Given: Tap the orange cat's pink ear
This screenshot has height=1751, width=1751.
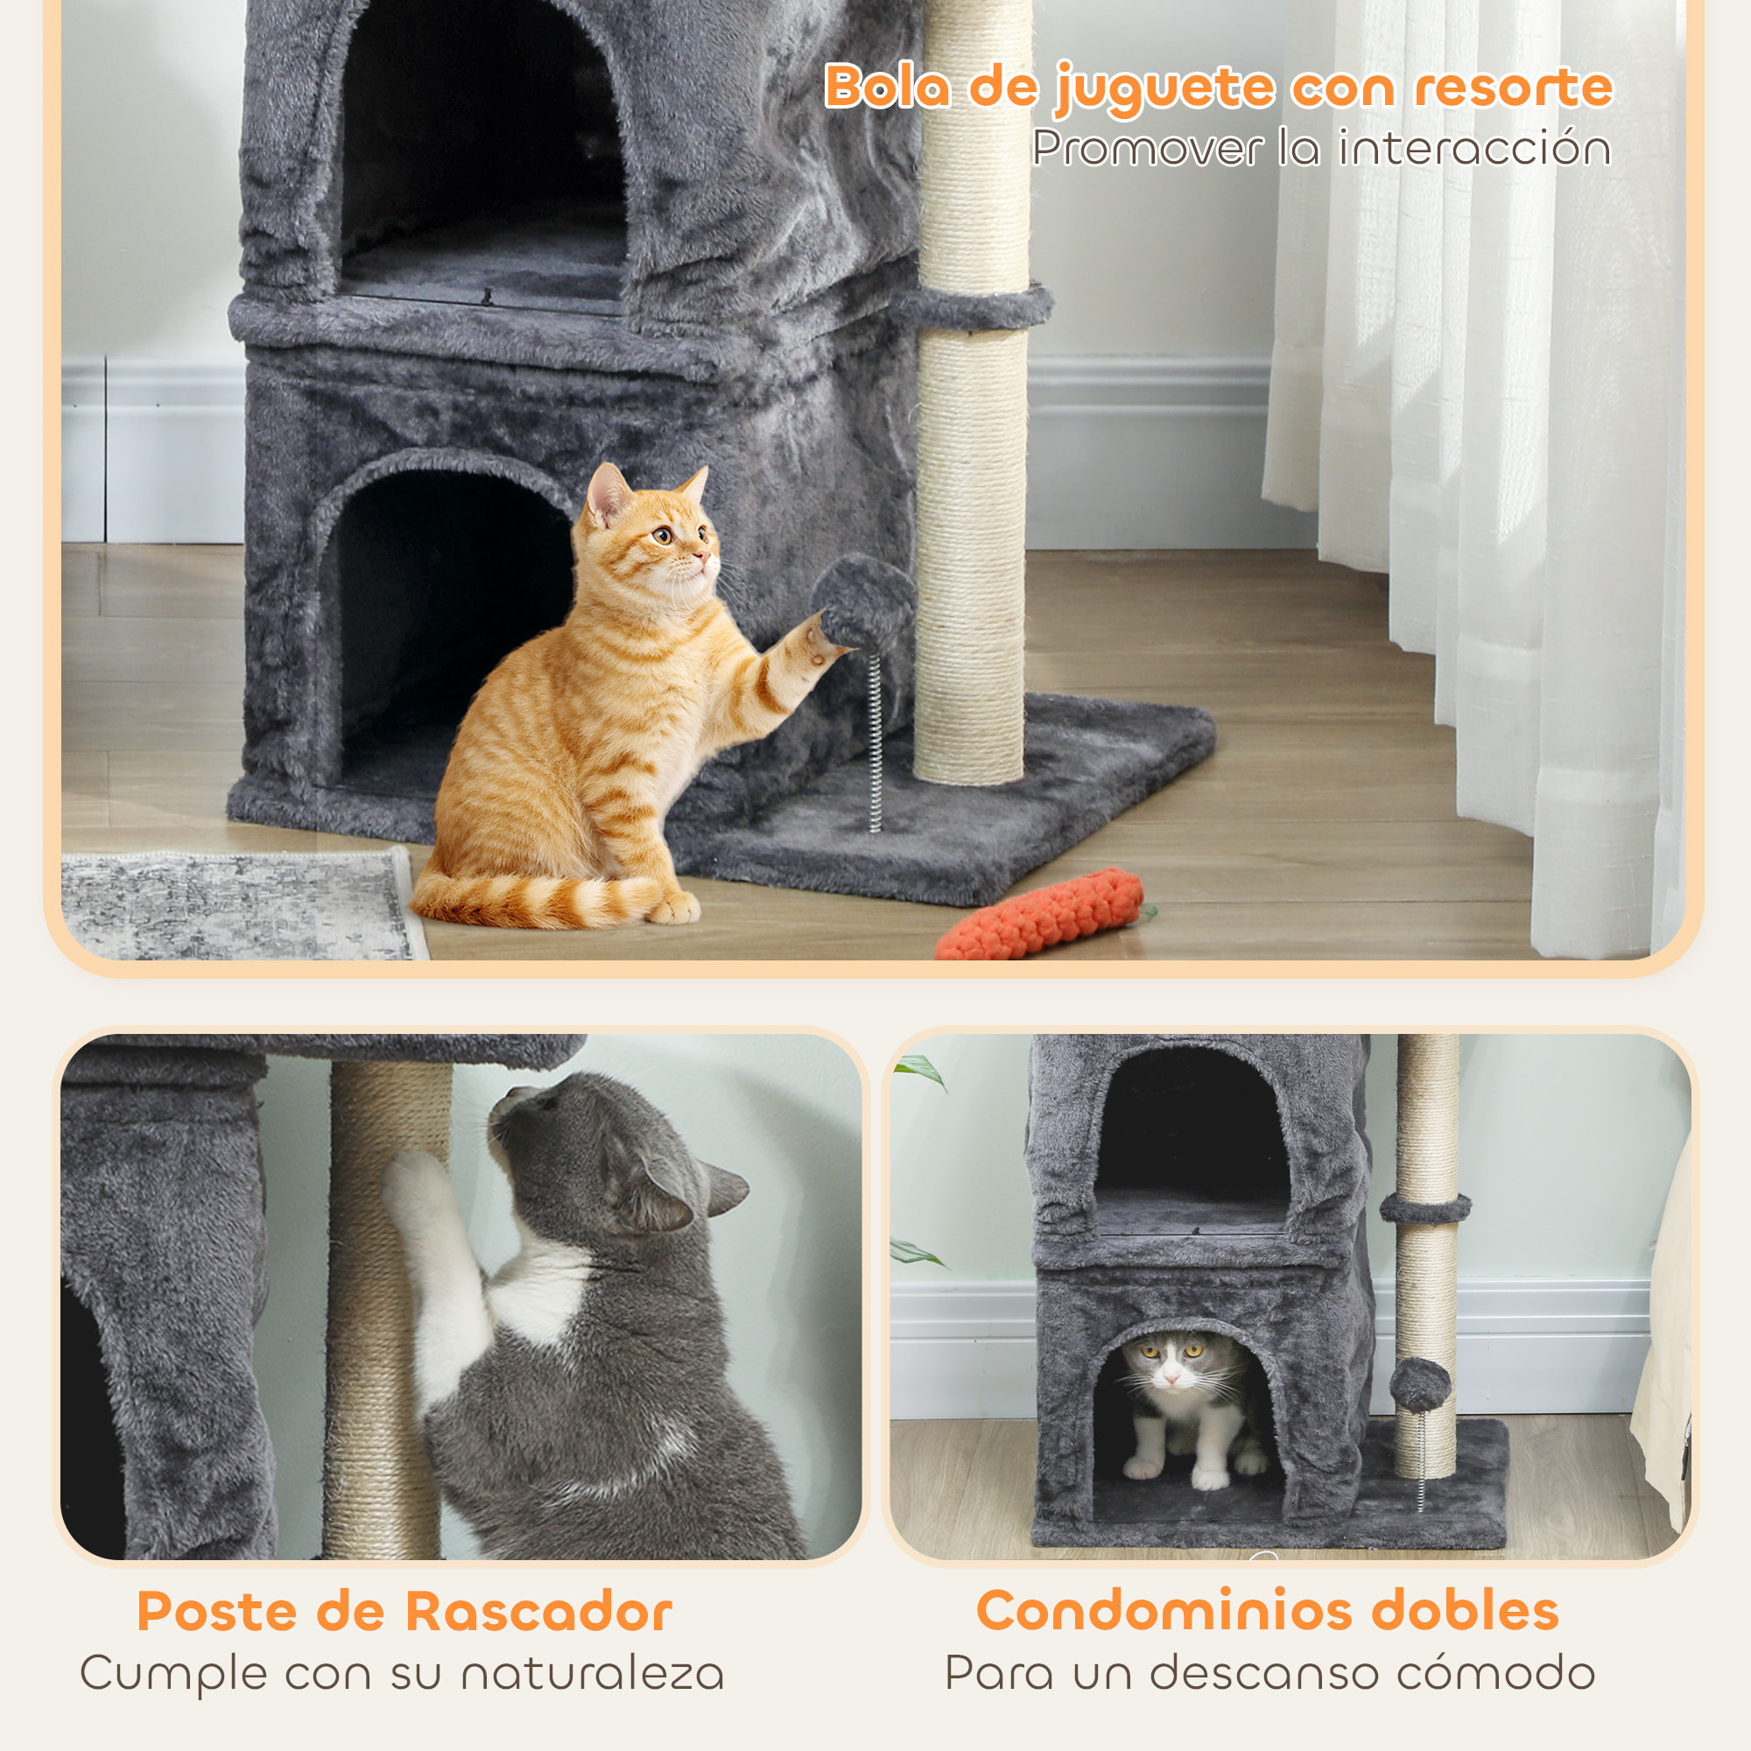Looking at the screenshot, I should (x=606, y=497).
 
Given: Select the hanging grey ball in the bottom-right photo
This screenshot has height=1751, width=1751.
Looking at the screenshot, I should (x=1419, y=1383).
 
